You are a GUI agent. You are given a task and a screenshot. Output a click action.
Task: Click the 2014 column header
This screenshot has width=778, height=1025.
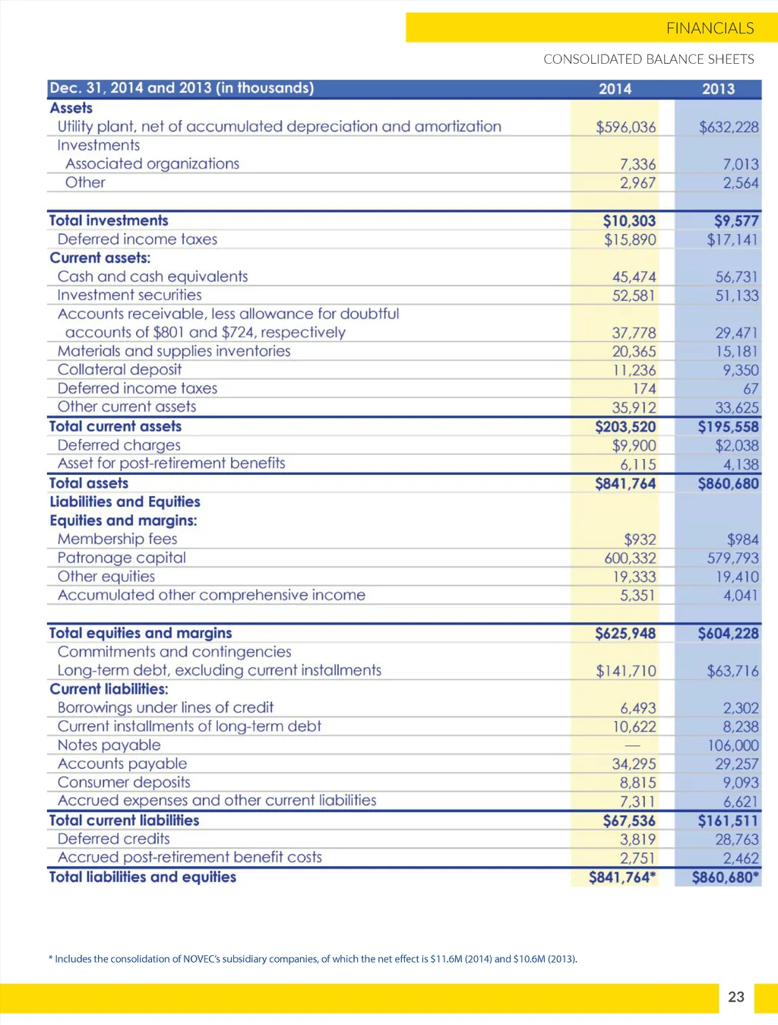click(615, 89)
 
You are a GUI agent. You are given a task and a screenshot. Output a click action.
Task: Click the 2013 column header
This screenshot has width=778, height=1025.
click(718, 89)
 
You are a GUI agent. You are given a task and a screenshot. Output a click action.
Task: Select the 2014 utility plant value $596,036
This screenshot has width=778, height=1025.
click(625, 127)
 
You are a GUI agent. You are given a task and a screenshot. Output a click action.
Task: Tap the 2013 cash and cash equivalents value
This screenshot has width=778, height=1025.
click(736, 277)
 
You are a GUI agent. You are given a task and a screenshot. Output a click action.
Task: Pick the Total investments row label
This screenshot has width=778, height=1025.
click(109, 220)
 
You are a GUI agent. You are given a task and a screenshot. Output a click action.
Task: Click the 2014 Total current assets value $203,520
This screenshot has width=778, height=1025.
click(625, 427)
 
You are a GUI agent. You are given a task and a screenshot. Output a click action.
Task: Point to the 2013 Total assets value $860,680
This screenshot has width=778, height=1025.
click(728, 483)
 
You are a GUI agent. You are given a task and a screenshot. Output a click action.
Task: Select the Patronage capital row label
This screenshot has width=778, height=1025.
click(122, 558)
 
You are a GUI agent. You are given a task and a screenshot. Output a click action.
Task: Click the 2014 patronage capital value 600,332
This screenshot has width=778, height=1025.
click(630, 558)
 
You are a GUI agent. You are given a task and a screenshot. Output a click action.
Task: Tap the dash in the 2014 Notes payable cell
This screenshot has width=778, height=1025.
click(632, 745)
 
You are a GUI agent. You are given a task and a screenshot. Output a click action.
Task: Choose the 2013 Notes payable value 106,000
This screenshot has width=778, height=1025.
click(732, 745)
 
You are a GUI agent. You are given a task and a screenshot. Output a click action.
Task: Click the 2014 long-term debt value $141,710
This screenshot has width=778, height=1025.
click(625, 671)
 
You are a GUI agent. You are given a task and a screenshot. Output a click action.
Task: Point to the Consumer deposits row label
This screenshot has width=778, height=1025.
click(124, 782)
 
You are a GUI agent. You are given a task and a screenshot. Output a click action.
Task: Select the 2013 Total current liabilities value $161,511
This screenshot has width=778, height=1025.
click(728, 821)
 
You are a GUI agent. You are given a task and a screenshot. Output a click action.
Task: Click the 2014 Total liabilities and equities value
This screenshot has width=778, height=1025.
click(621, 878)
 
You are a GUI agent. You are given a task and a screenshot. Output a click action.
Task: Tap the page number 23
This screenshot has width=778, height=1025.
click(736, 997)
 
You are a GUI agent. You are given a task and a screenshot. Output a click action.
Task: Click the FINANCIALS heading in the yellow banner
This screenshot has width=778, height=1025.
click(710, 28)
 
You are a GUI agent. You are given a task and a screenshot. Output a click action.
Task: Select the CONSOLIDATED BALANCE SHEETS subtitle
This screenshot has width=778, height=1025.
click(649, 59)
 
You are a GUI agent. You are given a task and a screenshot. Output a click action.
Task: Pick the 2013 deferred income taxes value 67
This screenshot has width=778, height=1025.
click(751, 389)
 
